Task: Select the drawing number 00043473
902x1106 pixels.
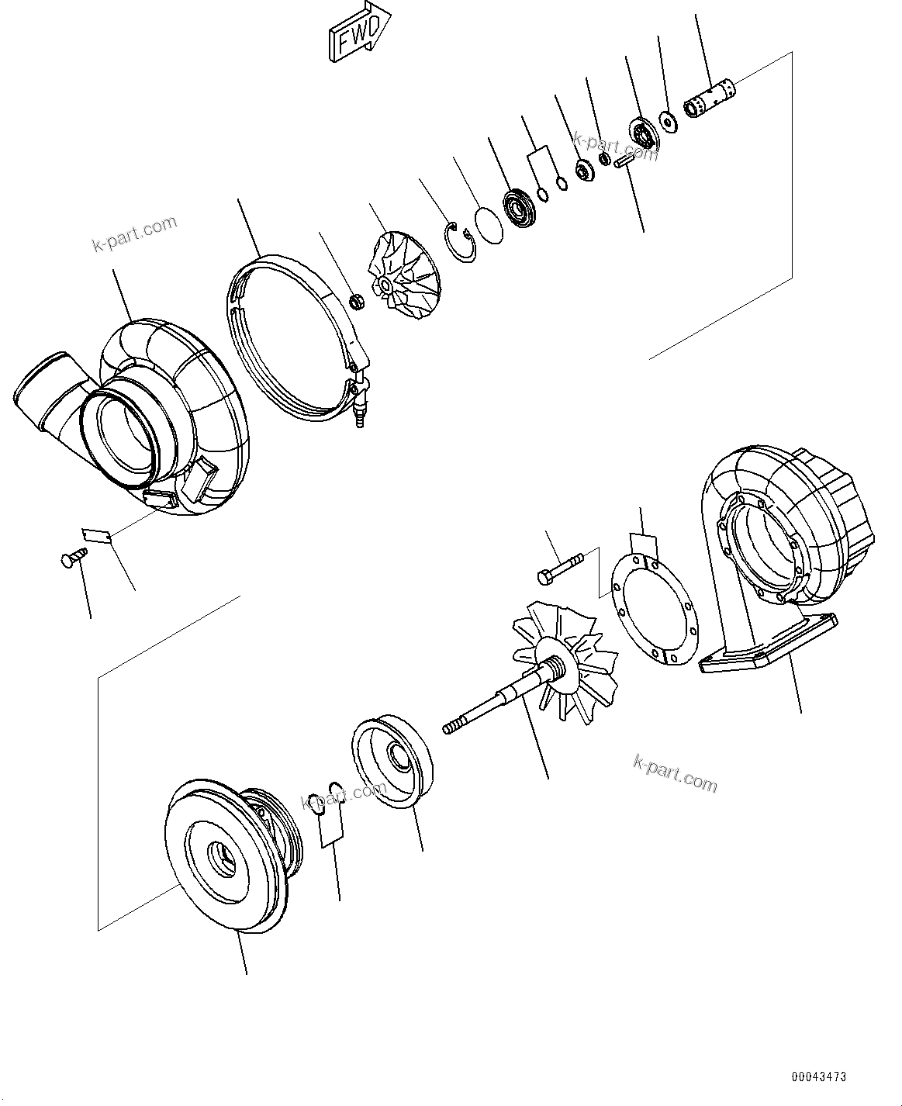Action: [819, 1077]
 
